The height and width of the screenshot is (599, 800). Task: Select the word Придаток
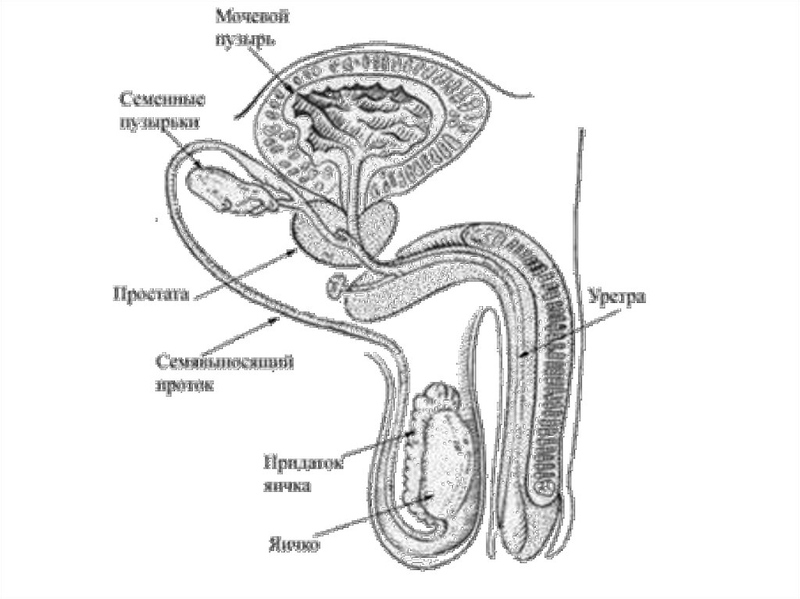[303, 462]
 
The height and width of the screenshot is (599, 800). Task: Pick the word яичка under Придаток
[286, 485]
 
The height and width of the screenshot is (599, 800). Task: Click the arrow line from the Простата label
[242, 273]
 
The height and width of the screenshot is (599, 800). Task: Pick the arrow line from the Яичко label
[367, 515]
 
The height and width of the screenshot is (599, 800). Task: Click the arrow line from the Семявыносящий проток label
[242, 340]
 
